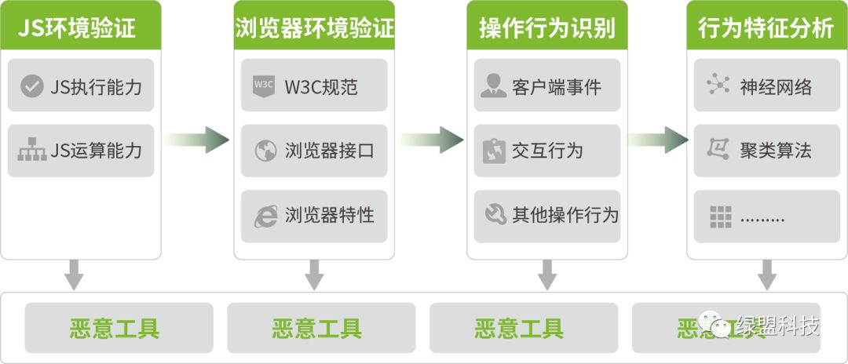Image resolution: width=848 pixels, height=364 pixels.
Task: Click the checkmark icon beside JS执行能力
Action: point(31,86)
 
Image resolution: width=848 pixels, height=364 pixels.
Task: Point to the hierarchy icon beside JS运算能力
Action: point(31,150)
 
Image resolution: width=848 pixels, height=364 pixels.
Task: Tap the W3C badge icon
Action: point(264,86)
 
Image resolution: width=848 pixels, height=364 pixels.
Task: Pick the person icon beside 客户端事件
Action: point(493,86)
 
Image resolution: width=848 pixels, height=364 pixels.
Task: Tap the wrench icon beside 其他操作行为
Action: point(494,215)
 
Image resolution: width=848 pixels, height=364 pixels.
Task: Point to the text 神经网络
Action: point(776,86)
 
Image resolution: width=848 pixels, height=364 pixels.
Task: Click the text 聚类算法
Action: point(776,151)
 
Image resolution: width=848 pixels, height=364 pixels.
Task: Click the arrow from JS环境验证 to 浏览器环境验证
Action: point(197,140)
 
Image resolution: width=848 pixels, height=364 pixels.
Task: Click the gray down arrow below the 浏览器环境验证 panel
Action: point(314,274)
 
